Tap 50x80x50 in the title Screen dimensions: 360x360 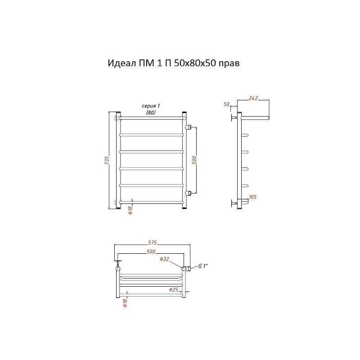pos(195,63)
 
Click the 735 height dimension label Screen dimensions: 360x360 pos(107,160)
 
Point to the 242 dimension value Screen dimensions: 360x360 pos(253,98)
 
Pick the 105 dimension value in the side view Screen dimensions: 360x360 pos(252,197)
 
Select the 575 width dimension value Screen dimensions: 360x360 pos(152,243)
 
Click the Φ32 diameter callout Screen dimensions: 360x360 pos(164,259)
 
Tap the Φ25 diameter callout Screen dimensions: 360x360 pos(174,289)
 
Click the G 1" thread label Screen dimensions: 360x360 pos(203,266)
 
